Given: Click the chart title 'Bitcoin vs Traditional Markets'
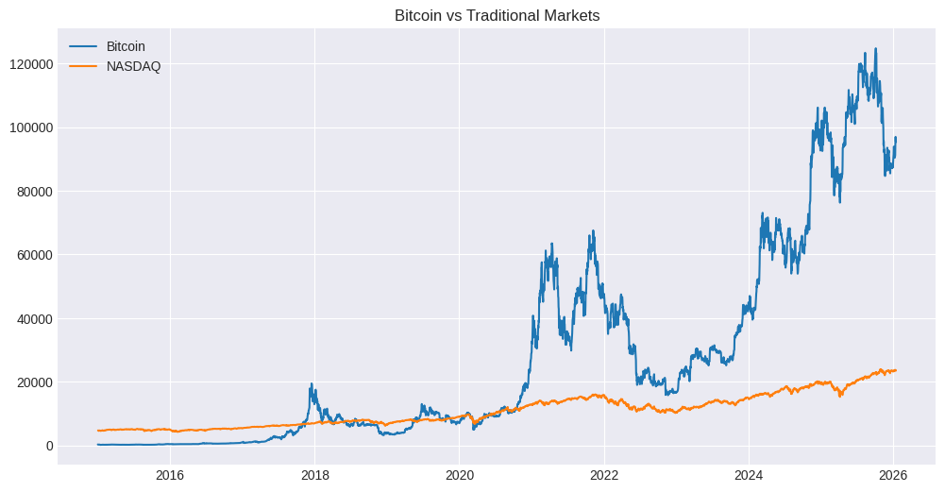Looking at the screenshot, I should [497, 15].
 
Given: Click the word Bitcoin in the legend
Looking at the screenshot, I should [125, 46].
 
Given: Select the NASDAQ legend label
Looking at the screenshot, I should [132, 66].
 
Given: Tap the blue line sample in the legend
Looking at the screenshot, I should [83, 46].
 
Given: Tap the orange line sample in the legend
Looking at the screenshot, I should [83, 66].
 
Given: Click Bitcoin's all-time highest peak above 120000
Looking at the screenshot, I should [875, 49].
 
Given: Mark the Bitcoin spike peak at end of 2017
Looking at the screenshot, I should [312, 384].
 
